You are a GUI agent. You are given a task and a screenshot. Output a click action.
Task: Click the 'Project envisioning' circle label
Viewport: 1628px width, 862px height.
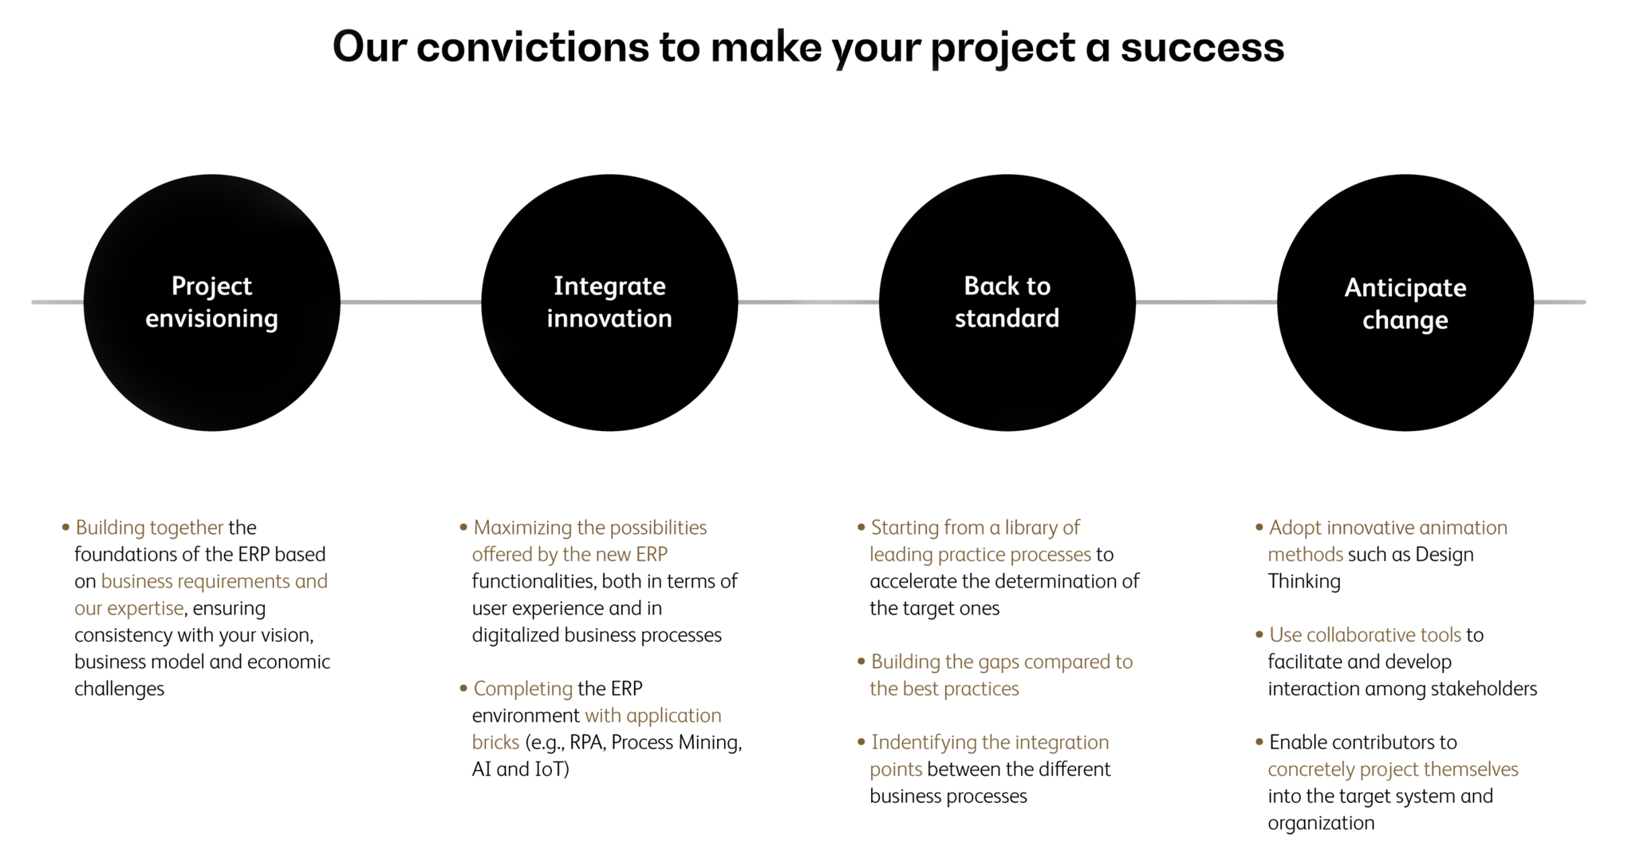[211, 302]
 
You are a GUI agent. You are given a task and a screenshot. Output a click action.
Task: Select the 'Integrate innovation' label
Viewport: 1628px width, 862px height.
[609, 302]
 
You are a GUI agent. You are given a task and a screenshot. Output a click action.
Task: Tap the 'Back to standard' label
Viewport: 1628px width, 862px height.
[1007, 302]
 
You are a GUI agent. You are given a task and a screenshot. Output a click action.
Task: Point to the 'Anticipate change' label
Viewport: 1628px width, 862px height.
[1405, 303]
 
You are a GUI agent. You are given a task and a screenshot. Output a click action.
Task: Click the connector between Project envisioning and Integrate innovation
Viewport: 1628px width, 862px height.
[410, 302]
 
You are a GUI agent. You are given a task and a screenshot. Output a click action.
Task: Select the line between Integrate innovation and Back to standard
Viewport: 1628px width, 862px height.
[808, 302]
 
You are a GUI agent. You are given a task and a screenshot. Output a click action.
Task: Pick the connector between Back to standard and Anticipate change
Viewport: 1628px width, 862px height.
[1206, 302]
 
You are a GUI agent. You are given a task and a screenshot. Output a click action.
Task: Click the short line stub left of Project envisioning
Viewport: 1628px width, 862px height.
[57, 302]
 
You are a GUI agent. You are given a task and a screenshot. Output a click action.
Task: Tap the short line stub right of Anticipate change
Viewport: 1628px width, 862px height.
[1560, 302]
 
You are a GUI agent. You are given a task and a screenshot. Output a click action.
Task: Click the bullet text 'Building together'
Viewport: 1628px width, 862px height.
[149, 528]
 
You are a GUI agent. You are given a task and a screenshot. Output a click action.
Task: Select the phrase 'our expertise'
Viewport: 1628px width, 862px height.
[129, 608]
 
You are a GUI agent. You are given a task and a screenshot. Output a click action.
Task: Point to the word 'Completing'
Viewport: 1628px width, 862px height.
[522, 689]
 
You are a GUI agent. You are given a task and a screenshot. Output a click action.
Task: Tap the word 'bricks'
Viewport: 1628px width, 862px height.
[495, 742]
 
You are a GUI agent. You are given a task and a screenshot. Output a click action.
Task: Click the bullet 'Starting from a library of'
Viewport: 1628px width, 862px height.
[975, 528]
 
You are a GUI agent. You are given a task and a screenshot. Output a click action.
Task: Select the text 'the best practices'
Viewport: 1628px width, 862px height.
[944, 689]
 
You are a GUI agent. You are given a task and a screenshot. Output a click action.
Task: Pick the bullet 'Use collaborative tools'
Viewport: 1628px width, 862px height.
[1365, 635]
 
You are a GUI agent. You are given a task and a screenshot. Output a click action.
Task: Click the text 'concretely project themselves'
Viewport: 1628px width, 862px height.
[1393, 769]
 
